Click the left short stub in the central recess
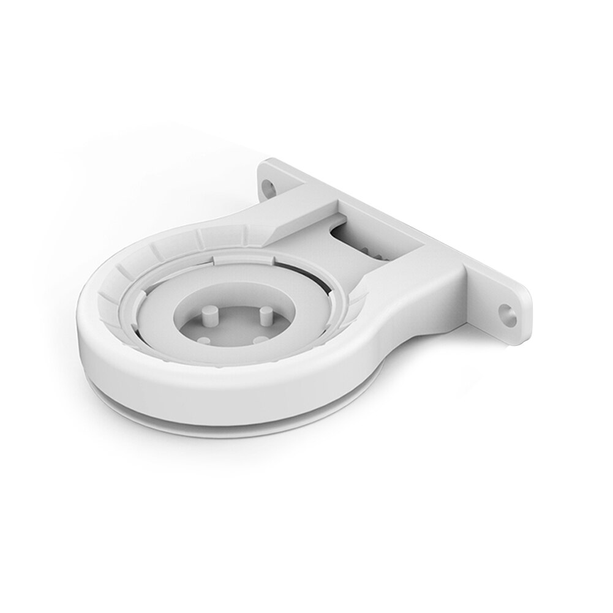(205, 338)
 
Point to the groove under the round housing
(245, 404)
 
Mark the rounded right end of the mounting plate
(521, 312)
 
